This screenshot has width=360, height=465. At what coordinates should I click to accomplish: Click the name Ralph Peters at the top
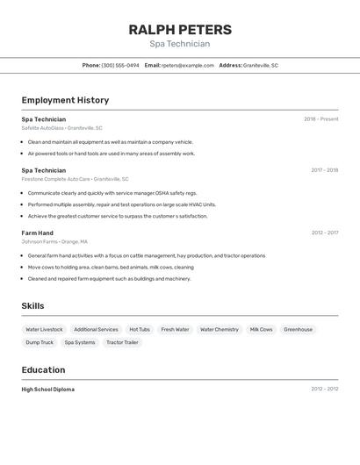[x=179, y=29]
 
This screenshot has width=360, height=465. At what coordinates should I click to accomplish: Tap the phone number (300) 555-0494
[x=120, y=65]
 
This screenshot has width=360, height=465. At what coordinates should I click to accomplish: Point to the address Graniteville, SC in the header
[x=261, y=65]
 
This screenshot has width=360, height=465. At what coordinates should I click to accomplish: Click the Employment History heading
[x=65, y=100]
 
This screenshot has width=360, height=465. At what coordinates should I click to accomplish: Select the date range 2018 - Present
[x=320, y=118]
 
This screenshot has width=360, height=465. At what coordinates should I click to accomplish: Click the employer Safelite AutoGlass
[x=43, y=128]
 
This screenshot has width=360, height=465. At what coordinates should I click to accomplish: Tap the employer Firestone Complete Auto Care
[x=55, y=179]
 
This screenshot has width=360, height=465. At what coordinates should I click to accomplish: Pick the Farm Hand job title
[x=38, y=232]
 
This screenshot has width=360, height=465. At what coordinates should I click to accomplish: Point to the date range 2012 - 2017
[x=324, y=232]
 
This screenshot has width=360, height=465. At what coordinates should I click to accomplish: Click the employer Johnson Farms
[x=40, y=241]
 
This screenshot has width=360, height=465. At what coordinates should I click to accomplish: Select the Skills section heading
[x=33, y=305]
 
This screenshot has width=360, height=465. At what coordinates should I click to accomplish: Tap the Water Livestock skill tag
[x=44, y=329]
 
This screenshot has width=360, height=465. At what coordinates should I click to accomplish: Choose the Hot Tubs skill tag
[x=140, y=329]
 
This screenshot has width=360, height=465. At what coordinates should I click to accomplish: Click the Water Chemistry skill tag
[x=220, y=329]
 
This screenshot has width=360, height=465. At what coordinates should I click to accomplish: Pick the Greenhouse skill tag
[x=298, y=329]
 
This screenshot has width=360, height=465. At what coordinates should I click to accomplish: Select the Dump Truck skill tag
[x=40, y=342]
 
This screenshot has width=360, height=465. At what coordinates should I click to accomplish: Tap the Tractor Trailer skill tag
[x=122, y=342]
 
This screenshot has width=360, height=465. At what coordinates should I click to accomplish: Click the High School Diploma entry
[x=48, y=389]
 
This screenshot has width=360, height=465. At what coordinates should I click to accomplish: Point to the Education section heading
[x=43, y=369]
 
